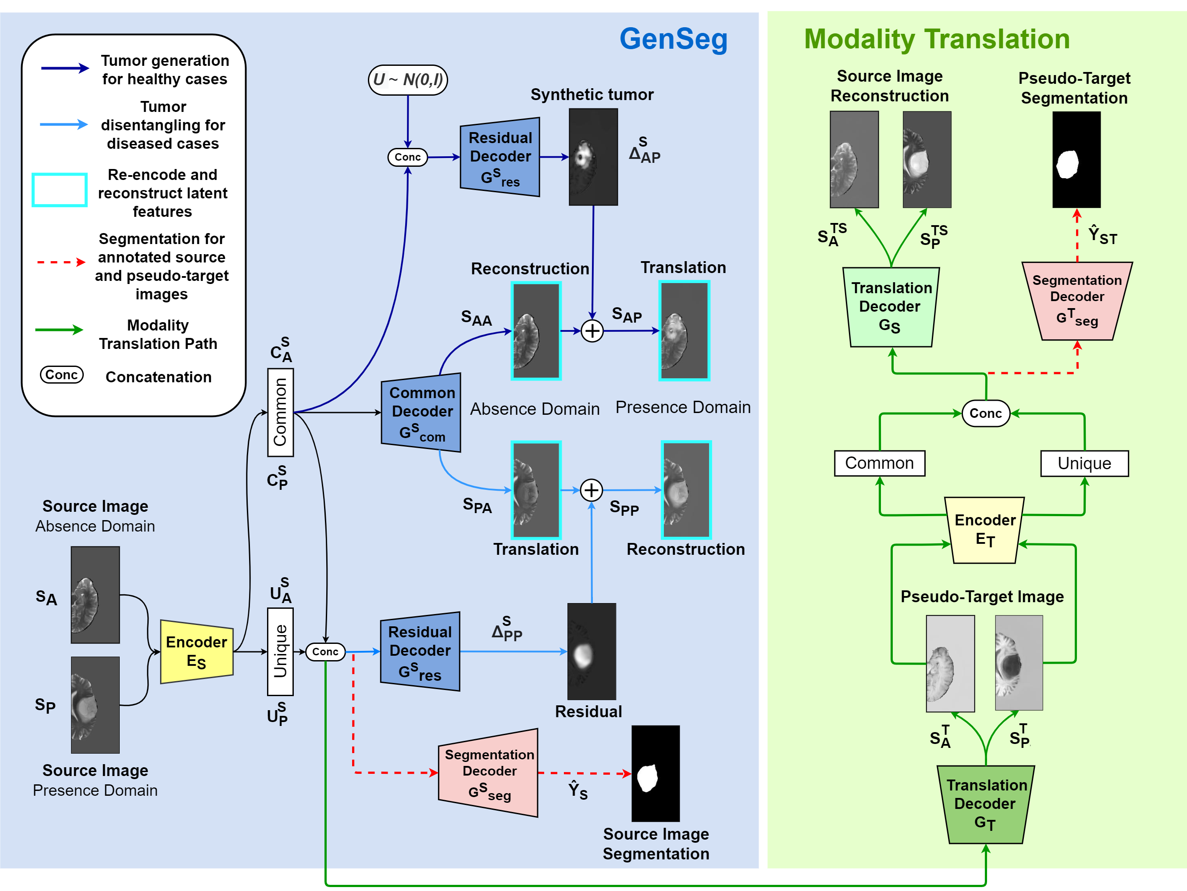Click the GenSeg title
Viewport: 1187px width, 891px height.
674,39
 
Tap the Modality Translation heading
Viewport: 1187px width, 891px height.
937,39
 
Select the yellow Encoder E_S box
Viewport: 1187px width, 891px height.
197,651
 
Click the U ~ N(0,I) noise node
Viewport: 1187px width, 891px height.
408,80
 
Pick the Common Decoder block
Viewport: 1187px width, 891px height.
421,413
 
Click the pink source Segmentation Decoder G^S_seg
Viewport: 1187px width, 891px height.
488,773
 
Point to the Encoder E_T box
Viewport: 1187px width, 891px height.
985,530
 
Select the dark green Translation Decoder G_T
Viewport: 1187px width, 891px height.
986,805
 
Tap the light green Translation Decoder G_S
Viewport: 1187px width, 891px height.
891,307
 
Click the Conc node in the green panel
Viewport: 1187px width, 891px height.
986,413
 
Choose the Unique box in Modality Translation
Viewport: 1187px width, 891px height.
1084,463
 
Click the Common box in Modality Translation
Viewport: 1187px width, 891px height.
880,463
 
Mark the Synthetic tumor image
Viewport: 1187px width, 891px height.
593,157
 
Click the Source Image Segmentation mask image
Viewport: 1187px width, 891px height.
656,773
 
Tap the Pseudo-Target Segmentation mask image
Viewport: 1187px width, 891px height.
1076,159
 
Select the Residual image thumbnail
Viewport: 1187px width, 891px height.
592,651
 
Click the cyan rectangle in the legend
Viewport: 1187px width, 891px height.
60,190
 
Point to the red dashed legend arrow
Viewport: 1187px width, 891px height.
61,262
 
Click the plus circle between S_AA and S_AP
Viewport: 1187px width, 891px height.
592,331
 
